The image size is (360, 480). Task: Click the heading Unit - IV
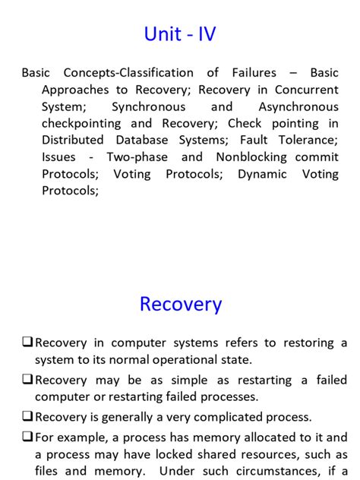point(180,34)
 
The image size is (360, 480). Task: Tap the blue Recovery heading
point(180,305)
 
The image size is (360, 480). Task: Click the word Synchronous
point(148,107)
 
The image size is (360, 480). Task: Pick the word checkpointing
point(75,124)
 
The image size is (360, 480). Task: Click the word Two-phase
point(133,157)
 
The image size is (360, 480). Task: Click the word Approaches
point(75,90)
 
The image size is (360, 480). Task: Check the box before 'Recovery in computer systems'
point(27,343)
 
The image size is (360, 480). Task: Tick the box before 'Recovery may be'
point(27,380)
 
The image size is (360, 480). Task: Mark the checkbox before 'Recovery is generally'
point(27,416)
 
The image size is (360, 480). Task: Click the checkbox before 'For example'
point(27,437)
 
